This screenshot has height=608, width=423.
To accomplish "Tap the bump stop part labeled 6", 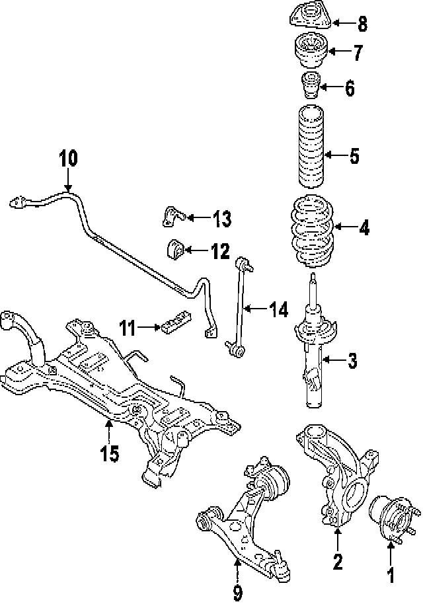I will click(310, 87).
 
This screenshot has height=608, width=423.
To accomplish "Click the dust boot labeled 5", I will click(311, 146).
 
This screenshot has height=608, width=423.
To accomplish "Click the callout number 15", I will click(110, 453).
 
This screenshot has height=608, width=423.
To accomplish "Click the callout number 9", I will click(237, 593).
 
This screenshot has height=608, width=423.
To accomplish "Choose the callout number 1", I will click(391, 576).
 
